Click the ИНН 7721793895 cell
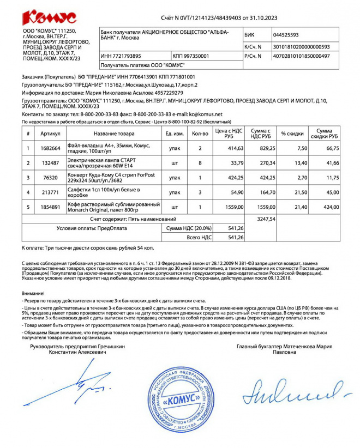[121, 56]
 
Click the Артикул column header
[50, 134]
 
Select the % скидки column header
[292, 134]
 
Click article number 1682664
[50, 148]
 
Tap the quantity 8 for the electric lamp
[200, 162]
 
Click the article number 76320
[50, 177]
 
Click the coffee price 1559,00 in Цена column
[231, 207]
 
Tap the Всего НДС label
[199, 238]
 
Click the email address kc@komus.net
[206, 114]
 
